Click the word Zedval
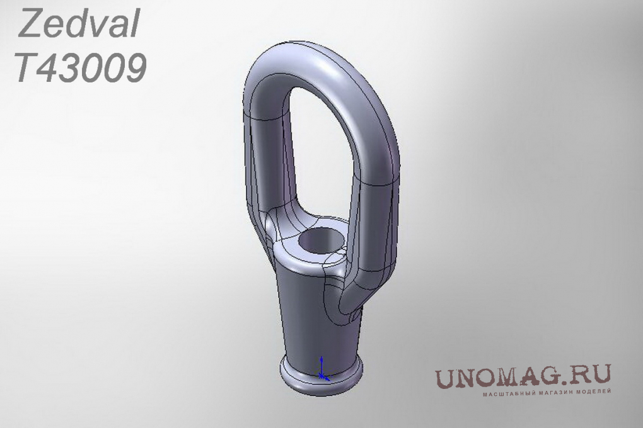pos(79,24)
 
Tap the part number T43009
pos(81,67)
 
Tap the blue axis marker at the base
pos(323,369)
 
